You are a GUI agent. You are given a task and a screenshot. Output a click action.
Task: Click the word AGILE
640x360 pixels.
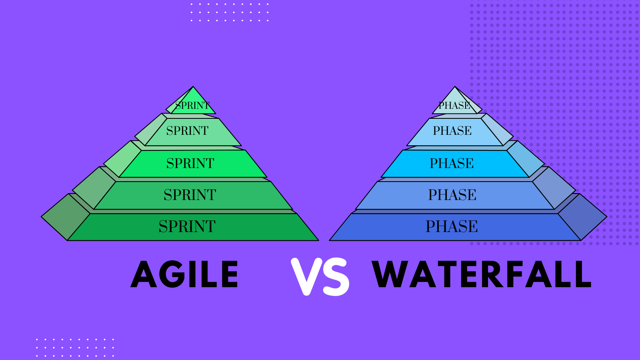point(184,274)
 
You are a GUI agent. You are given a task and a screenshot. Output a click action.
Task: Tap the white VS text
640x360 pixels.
point(320,276)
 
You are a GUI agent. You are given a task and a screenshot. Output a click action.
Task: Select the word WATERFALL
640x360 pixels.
point(482,274)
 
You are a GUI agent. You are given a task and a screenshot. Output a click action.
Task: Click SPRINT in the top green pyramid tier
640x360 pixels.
point(192,106)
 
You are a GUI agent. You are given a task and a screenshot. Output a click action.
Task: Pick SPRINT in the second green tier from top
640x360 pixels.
point(188,130)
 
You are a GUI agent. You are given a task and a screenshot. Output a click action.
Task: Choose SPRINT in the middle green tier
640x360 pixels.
point(190,163)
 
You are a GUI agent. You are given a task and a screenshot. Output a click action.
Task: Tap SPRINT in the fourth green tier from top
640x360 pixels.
point(190,195)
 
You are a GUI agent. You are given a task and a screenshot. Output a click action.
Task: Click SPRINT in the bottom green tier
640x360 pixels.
point(187,226)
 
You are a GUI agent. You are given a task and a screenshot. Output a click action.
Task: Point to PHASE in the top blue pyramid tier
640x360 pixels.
point(454,106)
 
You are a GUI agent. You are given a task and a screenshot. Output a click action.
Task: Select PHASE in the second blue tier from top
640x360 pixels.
point(452,130)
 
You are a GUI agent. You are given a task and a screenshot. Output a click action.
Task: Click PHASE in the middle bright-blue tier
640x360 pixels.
point(452,163)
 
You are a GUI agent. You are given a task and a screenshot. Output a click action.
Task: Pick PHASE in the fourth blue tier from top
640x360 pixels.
point(452,195)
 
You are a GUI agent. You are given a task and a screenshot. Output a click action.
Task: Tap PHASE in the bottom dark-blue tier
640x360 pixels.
point(452,226)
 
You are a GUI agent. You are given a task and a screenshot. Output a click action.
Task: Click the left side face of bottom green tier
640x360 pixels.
point(66,217)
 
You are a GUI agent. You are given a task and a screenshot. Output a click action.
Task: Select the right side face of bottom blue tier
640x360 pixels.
point(582,217)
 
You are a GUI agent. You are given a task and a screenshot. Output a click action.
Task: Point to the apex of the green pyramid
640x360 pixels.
point(193,86)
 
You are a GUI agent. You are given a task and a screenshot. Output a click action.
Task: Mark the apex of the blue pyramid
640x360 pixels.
point(455,86)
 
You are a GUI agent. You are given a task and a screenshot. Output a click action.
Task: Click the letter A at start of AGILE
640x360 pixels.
point(144,274)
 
